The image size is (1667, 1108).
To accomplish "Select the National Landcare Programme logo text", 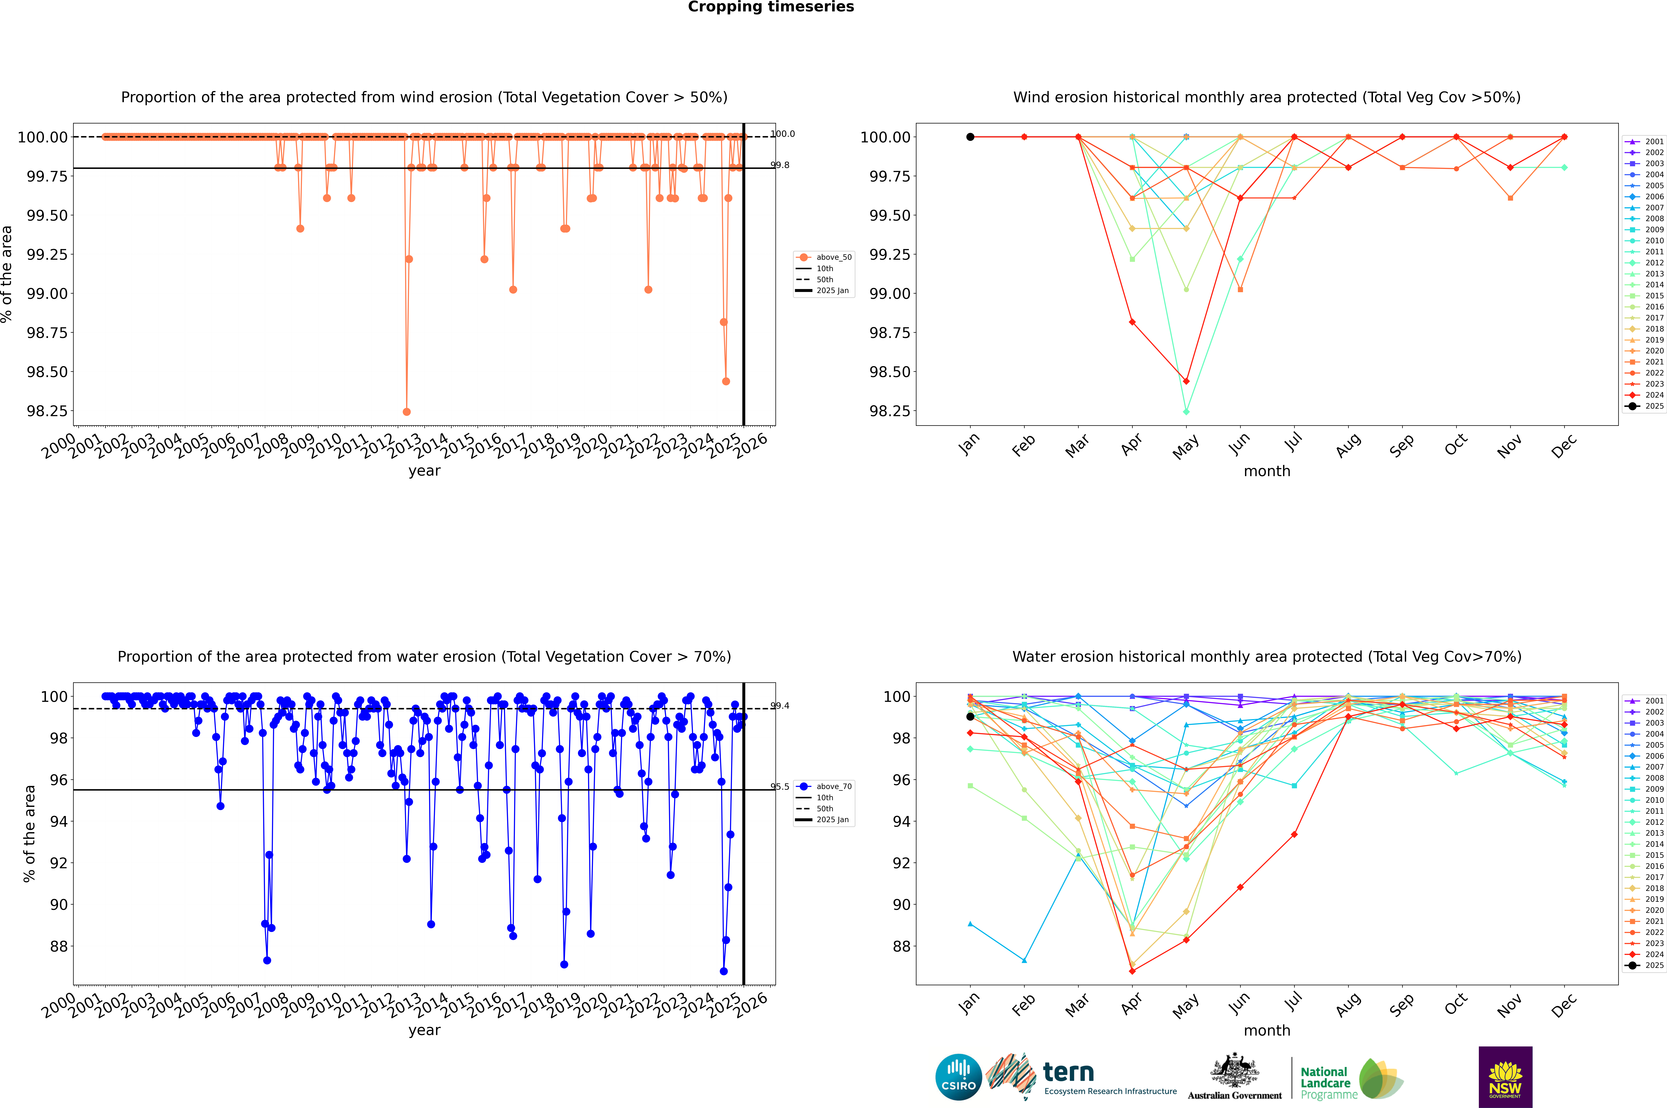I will [x=1326, y=1083].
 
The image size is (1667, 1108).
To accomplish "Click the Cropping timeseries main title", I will [x=770, y=7].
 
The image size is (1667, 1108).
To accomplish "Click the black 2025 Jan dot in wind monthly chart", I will [x=970, y=137].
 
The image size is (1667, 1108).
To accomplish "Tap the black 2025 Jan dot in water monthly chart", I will [x=970, y=717].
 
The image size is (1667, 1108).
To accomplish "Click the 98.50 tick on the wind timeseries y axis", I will [x=47, y=372].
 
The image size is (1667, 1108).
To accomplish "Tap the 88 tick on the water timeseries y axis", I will [x=59, y=946].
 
